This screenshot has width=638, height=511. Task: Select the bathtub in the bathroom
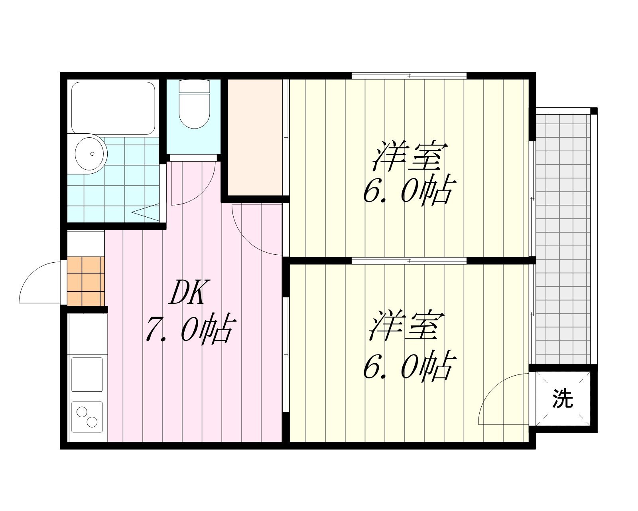click(x=113, y=108)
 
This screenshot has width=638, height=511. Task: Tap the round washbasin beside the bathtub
click(x=91, y=154)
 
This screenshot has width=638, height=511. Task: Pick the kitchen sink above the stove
click(x=87, y=374)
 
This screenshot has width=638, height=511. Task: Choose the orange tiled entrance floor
click(x=86, y=281)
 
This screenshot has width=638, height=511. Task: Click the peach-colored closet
click(x=255, y=137)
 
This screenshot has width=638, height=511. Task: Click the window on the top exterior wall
click(x=409, y=76)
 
